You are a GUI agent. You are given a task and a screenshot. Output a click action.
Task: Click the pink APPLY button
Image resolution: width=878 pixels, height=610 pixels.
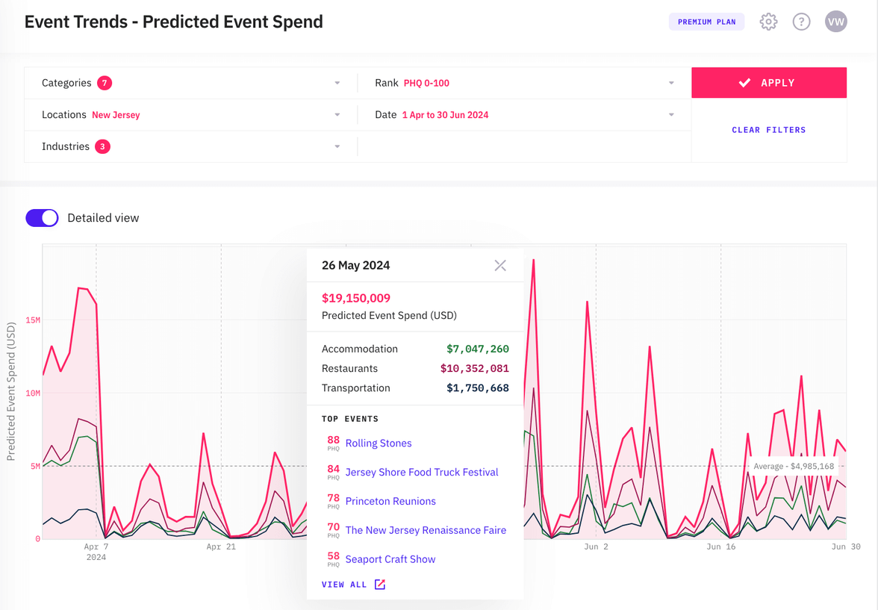768,83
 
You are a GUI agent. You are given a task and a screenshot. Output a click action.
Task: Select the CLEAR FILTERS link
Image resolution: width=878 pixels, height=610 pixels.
768,130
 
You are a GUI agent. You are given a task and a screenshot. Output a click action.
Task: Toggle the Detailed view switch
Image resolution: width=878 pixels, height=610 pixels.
42,218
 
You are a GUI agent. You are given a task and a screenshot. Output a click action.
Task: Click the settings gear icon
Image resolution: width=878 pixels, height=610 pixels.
768,22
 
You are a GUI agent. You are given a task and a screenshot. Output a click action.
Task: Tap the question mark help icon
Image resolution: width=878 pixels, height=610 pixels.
801,22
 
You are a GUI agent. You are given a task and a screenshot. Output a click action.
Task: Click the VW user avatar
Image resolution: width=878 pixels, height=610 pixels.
835,22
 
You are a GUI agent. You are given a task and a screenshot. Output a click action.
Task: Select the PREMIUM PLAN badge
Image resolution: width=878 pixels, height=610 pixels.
706,22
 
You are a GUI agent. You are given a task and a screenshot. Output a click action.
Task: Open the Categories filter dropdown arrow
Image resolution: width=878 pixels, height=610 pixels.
337,83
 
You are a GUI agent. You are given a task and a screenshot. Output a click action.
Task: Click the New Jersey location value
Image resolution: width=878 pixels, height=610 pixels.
116,115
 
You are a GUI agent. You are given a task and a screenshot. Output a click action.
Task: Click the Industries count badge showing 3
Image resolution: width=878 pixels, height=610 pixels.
102,146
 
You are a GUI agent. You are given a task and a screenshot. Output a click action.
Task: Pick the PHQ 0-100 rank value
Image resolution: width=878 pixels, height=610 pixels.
426,83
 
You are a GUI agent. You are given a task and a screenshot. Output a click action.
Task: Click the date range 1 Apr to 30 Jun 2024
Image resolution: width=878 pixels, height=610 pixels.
445,115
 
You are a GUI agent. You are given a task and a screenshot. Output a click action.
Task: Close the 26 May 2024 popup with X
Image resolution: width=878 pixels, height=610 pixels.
500,266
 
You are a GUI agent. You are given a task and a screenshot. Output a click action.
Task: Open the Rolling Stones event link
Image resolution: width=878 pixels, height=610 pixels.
379,444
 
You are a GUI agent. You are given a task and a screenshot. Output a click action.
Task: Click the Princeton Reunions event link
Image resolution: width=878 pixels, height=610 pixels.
390,501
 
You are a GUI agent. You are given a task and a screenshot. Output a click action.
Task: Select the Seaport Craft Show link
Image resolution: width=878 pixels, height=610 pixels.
390,559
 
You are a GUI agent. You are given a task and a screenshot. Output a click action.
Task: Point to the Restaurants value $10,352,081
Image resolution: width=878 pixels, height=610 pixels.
474,369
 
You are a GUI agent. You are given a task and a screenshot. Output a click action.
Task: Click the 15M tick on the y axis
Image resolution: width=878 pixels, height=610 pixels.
33,320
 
